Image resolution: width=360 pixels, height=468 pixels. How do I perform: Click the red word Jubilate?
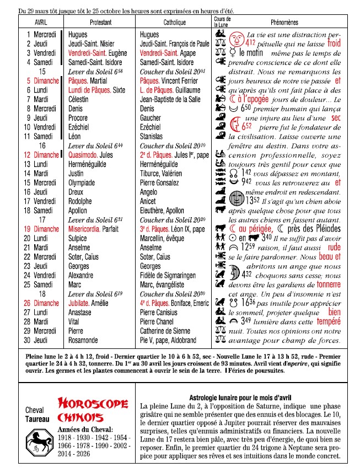point(79,303)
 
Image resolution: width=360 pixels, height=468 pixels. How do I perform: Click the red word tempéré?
point(327,322)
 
